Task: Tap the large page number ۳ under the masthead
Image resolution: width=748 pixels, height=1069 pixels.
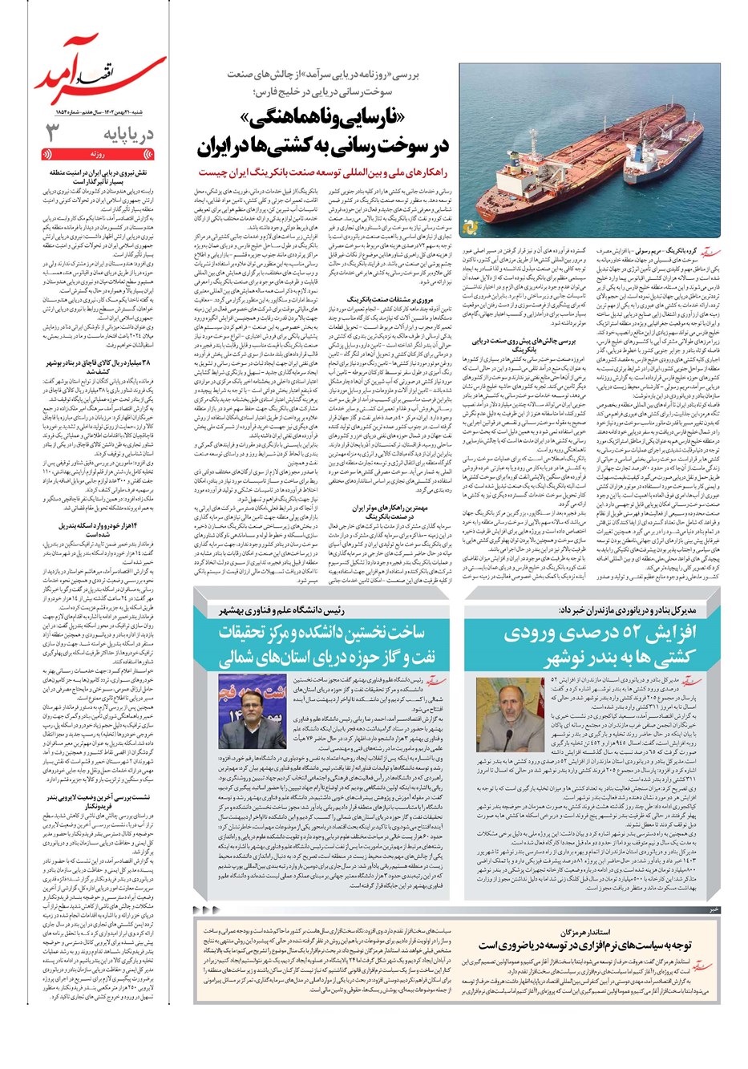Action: click(51, 133)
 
